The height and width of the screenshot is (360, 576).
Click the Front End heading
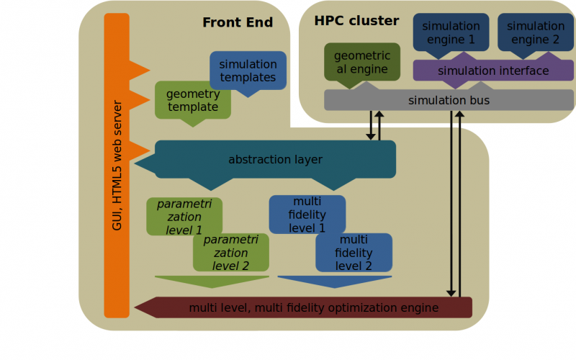coord(238,22)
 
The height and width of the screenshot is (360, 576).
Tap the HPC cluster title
coord(356,21)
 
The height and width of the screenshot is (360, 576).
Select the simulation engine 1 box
coord(451,32)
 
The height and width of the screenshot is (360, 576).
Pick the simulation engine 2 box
coord(536,32)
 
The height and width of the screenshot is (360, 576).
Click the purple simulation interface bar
coord(493,71)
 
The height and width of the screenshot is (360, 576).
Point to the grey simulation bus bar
coord(449,100)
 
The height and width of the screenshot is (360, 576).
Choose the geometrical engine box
coord(362,62)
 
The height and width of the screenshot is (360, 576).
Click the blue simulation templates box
coord(248,71)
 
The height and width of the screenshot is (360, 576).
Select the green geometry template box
coord(192,100)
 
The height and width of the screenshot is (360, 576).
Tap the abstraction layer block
coord(275,159)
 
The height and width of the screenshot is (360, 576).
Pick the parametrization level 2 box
coord(230,253)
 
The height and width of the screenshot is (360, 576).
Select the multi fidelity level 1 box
coord(307,215)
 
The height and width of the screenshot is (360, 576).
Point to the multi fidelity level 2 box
coord(354,253)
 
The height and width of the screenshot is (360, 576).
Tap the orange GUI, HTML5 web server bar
coord(117,166)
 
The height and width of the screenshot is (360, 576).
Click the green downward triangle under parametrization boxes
coord(212,281)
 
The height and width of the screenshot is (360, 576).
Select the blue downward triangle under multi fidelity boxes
coord(335,281)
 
